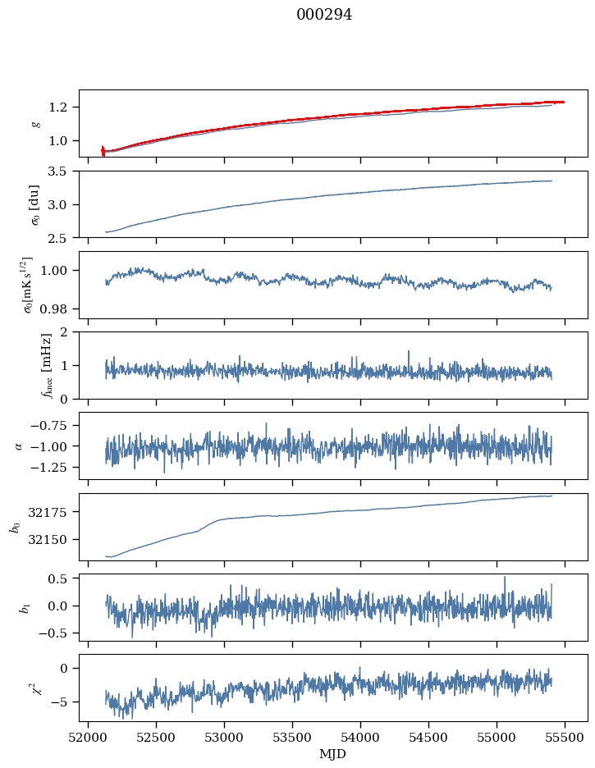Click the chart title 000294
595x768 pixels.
tap(324, 15)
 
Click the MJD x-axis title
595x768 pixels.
tap(333, 754)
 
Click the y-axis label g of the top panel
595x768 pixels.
tap(35, 124)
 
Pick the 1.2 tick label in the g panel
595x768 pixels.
tap(62, 107)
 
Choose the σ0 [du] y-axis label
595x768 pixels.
tap(35, 204)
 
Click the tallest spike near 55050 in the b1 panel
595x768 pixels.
tap(505, 577)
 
